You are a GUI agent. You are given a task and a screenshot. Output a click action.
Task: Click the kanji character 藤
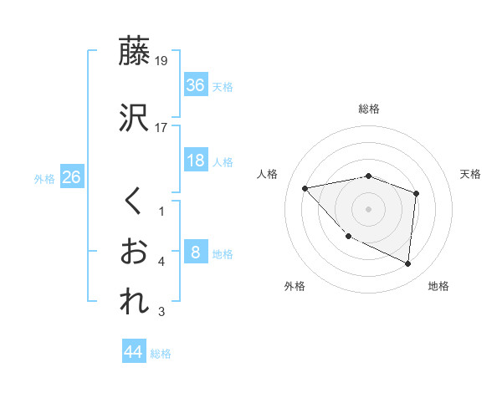[x=136, y=52]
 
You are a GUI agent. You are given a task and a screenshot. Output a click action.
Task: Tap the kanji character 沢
[x=136, y=118]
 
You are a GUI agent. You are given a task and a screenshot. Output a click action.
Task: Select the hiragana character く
[x=134, y=202]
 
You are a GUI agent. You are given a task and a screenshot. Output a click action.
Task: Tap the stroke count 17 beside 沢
[x=161, y=128]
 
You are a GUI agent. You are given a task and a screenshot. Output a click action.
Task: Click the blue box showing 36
[x=195, y=84]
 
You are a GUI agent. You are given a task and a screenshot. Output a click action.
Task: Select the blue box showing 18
[x=195, y=160]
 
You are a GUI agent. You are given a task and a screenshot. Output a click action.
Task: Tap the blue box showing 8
[x=195, y=252]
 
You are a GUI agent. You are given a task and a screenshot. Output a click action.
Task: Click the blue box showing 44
[x=133, y=352]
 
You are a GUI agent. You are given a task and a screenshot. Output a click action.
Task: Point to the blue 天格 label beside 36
[x=223, y=86]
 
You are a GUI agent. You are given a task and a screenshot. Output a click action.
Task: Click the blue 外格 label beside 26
[x=44, y=179]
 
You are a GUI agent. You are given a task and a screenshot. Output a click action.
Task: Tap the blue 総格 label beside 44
[x=161, y=355]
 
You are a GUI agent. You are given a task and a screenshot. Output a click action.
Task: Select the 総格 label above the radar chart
[x=368, y=109]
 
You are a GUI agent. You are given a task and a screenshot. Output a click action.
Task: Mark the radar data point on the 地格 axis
[x=407, y=264]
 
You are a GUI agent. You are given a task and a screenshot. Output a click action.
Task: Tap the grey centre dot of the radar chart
[x=368, y=209]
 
